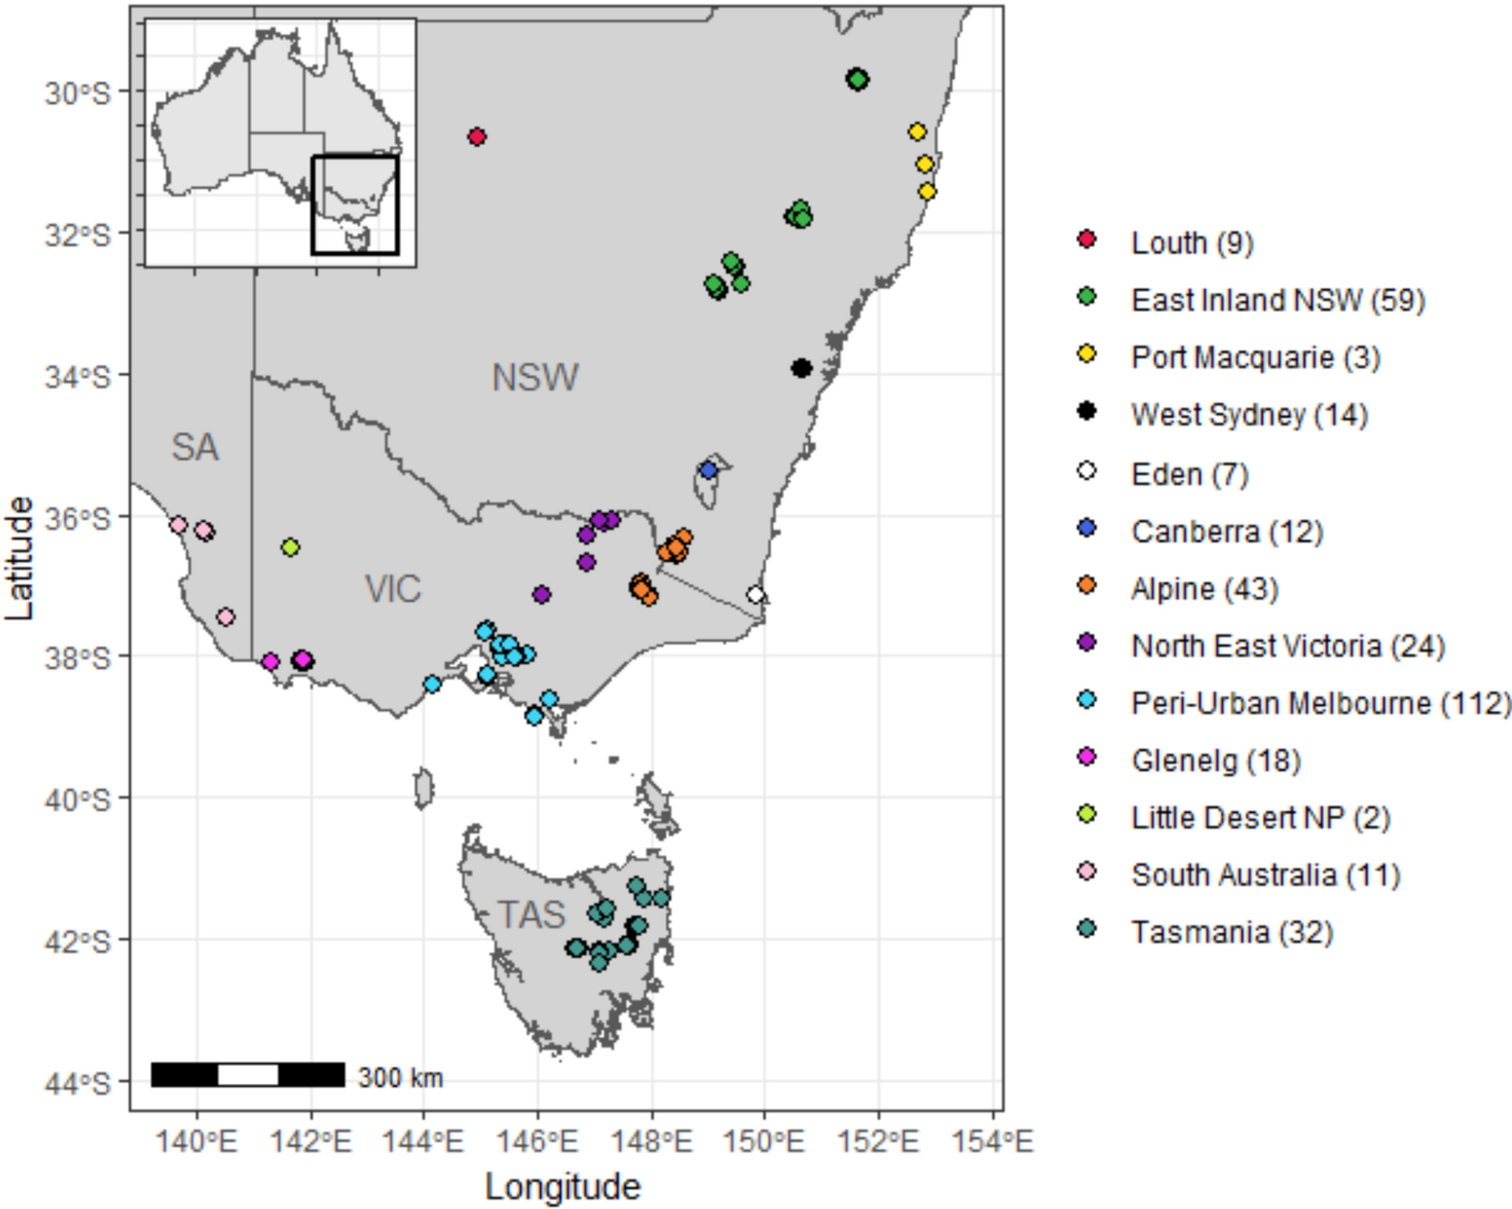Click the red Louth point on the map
click(477, 137)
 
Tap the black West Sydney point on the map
click(801, 368)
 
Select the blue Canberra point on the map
click(709, 470)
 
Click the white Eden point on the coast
click(756, 595)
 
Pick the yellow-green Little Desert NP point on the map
click(290, 547)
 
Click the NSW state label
click(535, 378)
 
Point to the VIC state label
click(393, 589)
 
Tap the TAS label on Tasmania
click(531, 915)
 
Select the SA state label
click(195, 447)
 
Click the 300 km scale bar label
click(400, 1078)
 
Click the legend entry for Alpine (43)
click(1204, 589)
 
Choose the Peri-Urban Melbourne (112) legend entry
click(1321, 703)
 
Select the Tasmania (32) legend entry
click(1231, 933)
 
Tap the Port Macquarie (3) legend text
click(1255, 357)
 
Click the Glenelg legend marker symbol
click(1086, 758)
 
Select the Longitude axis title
click(563, 1187)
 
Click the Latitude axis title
click(19, 558)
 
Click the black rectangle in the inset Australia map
click(355, 205)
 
